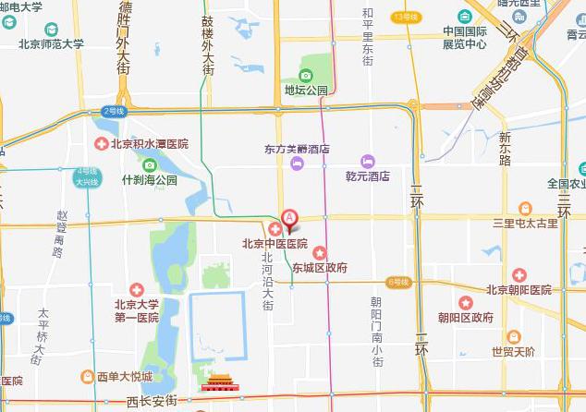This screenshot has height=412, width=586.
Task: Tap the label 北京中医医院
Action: point(275,245)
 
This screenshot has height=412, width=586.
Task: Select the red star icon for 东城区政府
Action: point(320,252)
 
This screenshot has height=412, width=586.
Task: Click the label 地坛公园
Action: point(306,91)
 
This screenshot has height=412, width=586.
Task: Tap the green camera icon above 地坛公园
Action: point(306,76)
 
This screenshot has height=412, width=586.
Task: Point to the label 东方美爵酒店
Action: point(297,149)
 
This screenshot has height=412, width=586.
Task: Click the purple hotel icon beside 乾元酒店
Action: point(368,162)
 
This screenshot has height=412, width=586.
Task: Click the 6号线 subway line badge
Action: point(397,282)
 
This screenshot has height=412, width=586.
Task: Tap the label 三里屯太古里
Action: point(525,224)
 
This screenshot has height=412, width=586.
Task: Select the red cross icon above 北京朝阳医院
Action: point(519,275)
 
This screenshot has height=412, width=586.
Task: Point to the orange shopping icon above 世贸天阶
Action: point(514,337)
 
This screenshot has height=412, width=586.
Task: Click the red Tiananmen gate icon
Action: point(220,382)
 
